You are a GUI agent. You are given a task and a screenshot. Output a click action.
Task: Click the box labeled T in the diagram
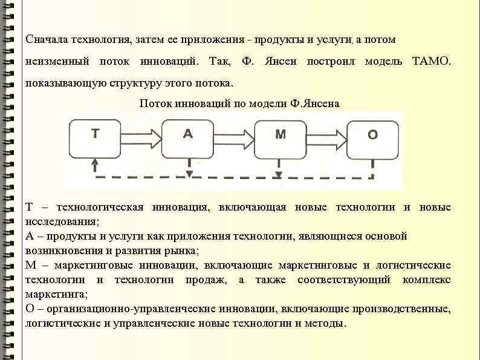pyautogui.click(x=95, y=139)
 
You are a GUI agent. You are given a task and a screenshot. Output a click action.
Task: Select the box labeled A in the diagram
pyautogui.click(x=187, y=139)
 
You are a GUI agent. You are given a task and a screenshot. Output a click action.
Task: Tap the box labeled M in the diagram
pyautogui.click(x=280, y=139)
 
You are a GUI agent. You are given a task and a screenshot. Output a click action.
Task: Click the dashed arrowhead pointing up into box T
pyautogui.click(x=94, y=162)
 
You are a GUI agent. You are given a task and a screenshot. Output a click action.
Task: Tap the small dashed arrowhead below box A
pyautogui.click(x=189, y=174)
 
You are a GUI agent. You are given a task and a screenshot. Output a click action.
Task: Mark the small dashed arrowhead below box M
pyautogui.click(x=279, y=174)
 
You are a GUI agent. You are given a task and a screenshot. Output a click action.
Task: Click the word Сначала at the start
pyautogui.click(x=47, y=40)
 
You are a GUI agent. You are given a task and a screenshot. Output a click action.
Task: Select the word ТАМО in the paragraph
pyautogui.click(x=430, y=62)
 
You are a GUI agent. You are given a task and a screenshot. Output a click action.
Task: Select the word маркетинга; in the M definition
pyautogui.click(x=56, y=295)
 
